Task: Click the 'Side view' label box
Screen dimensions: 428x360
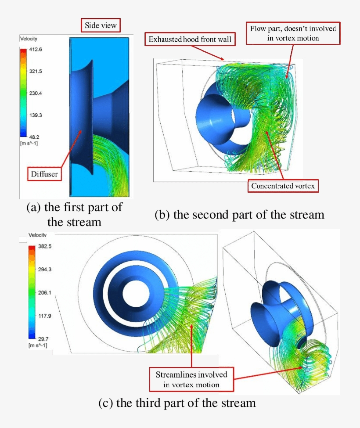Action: [101, 25]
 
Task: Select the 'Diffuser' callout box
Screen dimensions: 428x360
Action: [44, 174]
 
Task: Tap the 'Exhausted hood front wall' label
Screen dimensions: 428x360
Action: [190, 40]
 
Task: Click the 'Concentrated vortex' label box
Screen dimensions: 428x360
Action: [283, 186]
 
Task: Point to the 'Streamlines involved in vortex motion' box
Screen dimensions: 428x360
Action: [191, 380]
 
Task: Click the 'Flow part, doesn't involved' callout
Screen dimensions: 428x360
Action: [293, 33]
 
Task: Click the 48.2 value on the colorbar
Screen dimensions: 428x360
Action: [35, 137]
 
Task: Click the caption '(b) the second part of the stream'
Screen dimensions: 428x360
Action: [239, 215]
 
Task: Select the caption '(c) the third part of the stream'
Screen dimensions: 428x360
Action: [177, 403]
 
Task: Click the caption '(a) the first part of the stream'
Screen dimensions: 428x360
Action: [74, 214]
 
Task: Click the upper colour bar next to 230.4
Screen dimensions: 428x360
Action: [23, 94]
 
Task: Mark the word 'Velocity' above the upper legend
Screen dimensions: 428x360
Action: [29, 39]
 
